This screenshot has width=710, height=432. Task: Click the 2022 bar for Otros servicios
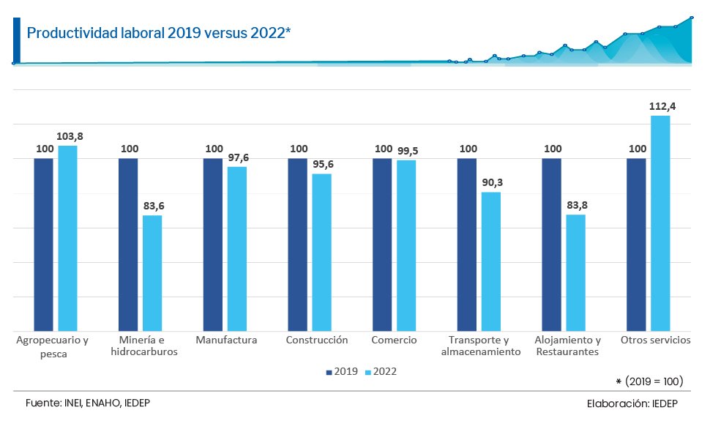[660, 223]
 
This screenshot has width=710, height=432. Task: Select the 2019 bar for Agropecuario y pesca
[44, 245]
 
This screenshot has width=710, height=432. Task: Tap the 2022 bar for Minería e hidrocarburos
[152, 273]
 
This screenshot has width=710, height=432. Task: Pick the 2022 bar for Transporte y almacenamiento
[491, 261]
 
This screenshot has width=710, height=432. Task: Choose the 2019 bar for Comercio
[382, 245]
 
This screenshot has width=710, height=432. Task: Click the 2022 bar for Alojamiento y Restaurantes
[576, 272]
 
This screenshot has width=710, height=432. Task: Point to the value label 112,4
[662, 106]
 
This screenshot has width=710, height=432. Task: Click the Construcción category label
[317, 340]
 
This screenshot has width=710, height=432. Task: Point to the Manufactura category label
[226, 340]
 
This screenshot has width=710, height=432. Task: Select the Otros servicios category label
[655, 340]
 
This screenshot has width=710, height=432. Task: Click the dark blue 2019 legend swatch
[329, 372]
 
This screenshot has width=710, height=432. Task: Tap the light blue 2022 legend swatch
[368, 372]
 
